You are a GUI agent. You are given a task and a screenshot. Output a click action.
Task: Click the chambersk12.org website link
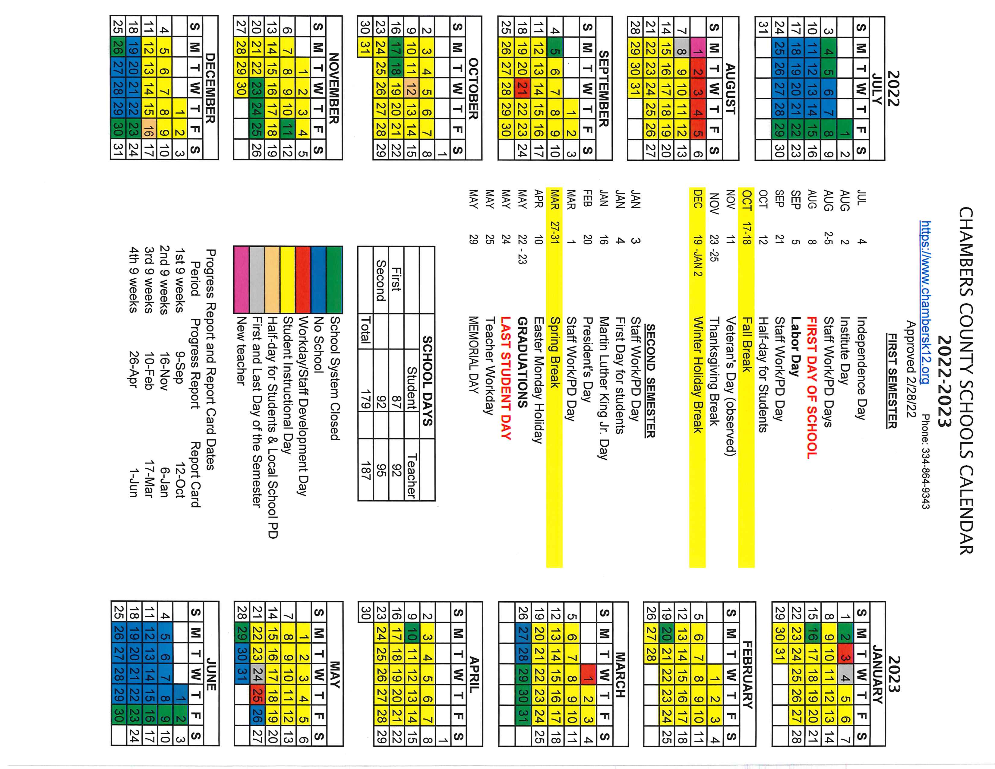[x=925, y=302]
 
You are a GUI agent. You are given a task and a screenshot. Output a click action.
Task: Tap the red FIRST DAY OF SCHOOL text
[x=811, y=387]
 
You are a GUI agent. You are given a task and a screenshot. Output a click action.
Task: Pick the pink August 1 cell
[x=697, y=50]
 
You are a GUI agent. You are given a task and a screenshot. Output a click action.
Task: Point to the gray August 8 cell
[x=681, y=50]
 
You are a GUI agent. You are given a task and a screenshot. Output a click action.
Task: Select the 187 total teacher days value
[x=365, y=470]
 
